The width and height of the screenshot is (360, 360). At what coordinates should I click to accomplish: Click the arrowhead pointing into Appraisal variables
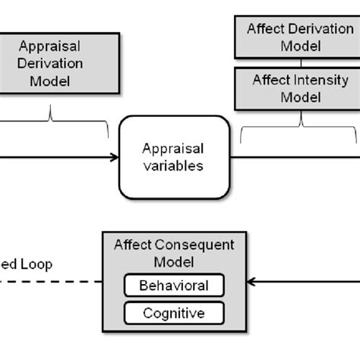pos(114,157)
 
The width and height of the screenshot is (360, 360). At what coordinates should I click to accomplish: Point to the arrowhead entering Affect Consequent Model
pos(252,283)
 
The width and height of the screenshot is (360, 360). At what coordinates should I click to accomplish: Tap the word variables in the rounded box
pos(174,166)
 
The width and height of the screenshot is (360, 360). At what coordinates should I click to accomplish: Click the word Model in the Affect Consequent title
pos(174,261)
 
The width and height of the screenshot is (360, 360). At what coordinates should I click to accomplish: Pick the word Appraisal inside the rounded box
pos(174,148)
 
